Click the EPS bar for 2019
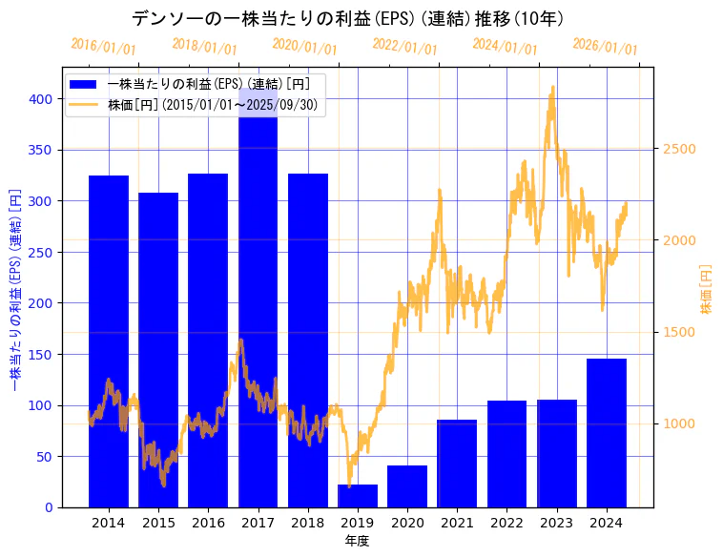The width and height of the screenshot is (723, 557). [358, 496]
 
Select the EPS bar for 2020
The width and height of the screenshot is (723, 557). [407, 486]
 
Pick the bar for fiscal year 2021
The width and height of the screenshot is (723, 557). [457, 464]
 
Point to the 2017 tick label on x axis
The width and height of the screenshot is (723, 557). [258, 523]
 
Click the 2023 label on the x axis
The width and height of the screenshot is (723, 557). [557, 523]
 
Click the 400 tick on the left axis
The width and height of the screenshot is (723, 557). [40, 99]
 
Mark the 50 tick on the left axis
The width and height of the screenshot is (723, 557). [44, 457]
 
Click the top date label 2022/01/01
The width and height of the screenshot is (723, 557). [405, 47]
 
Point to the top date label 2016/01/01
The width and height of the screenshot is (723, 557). [104, 47]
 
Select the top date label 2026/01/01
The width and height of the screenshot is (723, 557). [606, 47]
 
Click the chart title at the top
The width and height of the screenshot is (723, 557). [347, 19]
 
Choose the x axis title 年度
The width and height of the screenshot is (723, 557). [357, 541]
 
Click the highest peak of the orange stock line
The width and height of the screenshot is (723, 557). [552, 87]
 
